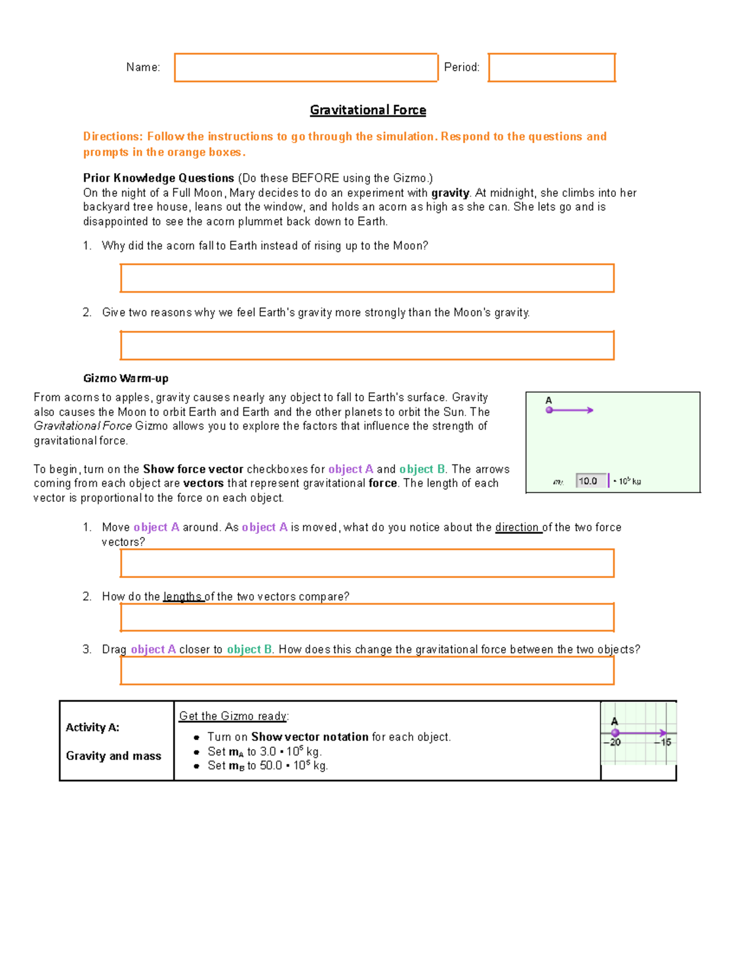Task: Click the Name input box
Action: pos(305,68)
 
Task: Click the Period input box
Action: pos(551,68)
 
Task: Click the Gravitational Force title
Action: pos(367,110)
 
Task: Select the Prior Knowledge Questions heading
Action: pos(158,178)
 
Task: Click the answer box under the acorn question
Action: pos(367,278)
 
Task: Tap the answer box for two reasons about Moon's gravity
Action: pos(367,345)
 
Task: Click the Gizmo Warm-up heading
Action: pos(126,378)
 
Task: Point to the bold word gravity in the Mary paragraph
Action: pos(450,193)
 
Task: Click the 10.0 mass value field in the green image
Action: pos(591,481)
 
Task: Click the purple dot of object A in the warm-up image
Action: pos(550,410)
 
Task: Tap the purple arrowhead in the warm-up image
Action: pos(590,410)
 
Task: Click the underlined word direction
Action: pos(518,527)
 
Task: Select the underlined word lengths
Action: pos(183,596)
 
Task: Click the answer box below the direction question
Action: pos(367,563)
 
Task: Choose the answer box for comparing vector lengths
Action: pos(367,617)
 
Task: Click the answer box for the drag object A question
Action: pos(367,670)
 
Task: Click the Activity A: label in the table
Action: pos(93,727)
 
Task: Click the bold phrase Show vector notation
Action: pos(310,736)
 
